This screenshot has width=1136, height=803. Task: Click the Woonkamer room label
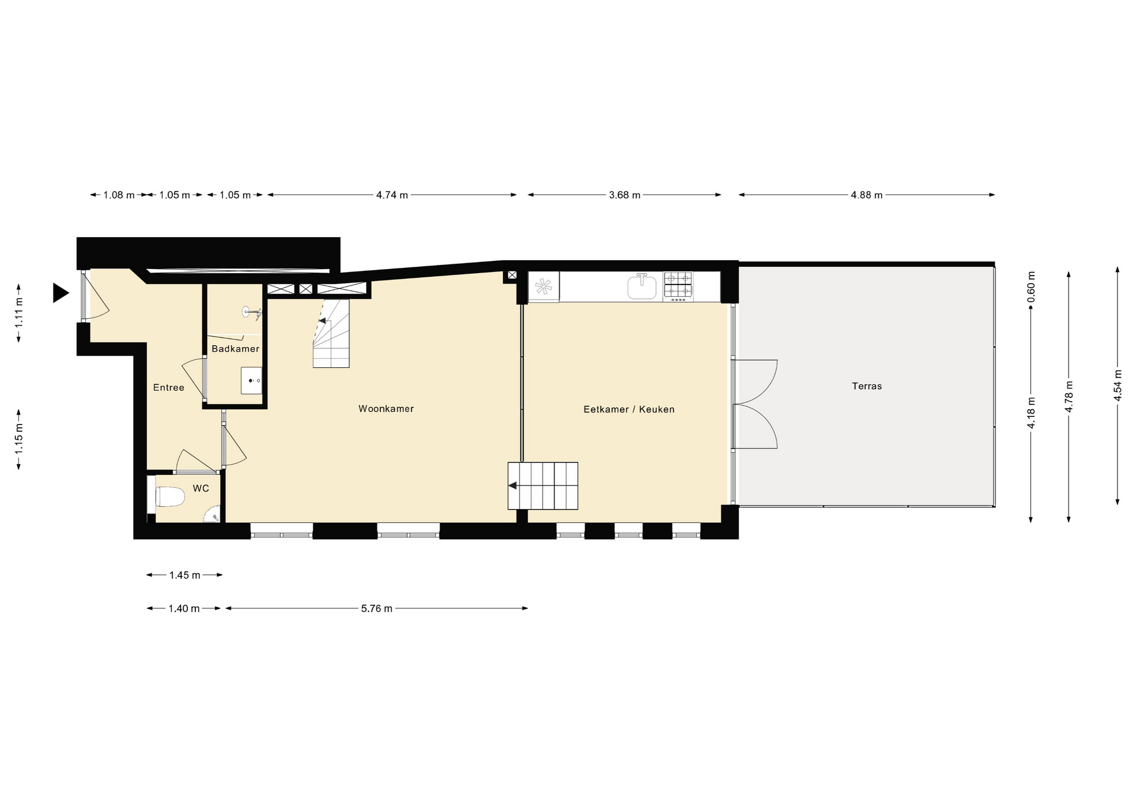click(386, 409)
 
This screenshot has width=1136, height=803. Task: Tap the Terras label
click(867, 386)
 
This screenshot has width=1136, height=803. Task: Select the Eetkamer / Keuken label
click(629, 409)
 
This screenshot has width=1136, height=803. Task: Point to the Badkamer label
click(235, 349)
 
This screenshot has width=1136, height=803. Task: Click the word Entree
click(169, 388)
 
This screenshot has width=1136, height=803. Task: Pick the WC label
click(201, 488)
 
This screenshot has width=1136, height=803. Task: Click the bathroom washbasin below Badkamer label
click(251, 380)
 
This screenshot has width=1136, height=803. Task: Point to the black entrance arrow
click(60, 293)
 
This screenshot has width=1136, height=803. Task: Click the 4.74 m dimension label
click(392, 195)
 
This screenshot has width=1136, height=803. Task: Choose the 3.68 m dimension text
click(625, 195)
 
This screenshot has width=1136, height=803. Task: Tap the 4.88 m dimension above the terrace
click(867, 195)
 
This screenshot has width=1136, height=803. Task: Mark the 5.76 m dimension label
click(377, 608)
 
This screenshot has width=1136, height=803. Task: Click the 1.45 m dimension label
click(185, 575)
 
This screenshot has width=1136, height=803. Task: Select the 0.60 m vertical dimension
click(1031, 287)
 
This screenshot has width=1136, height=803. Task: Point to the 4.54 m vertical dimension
click(1118, 386)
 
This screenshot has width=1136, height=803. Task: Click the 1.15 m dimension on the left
click(19, 439)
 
